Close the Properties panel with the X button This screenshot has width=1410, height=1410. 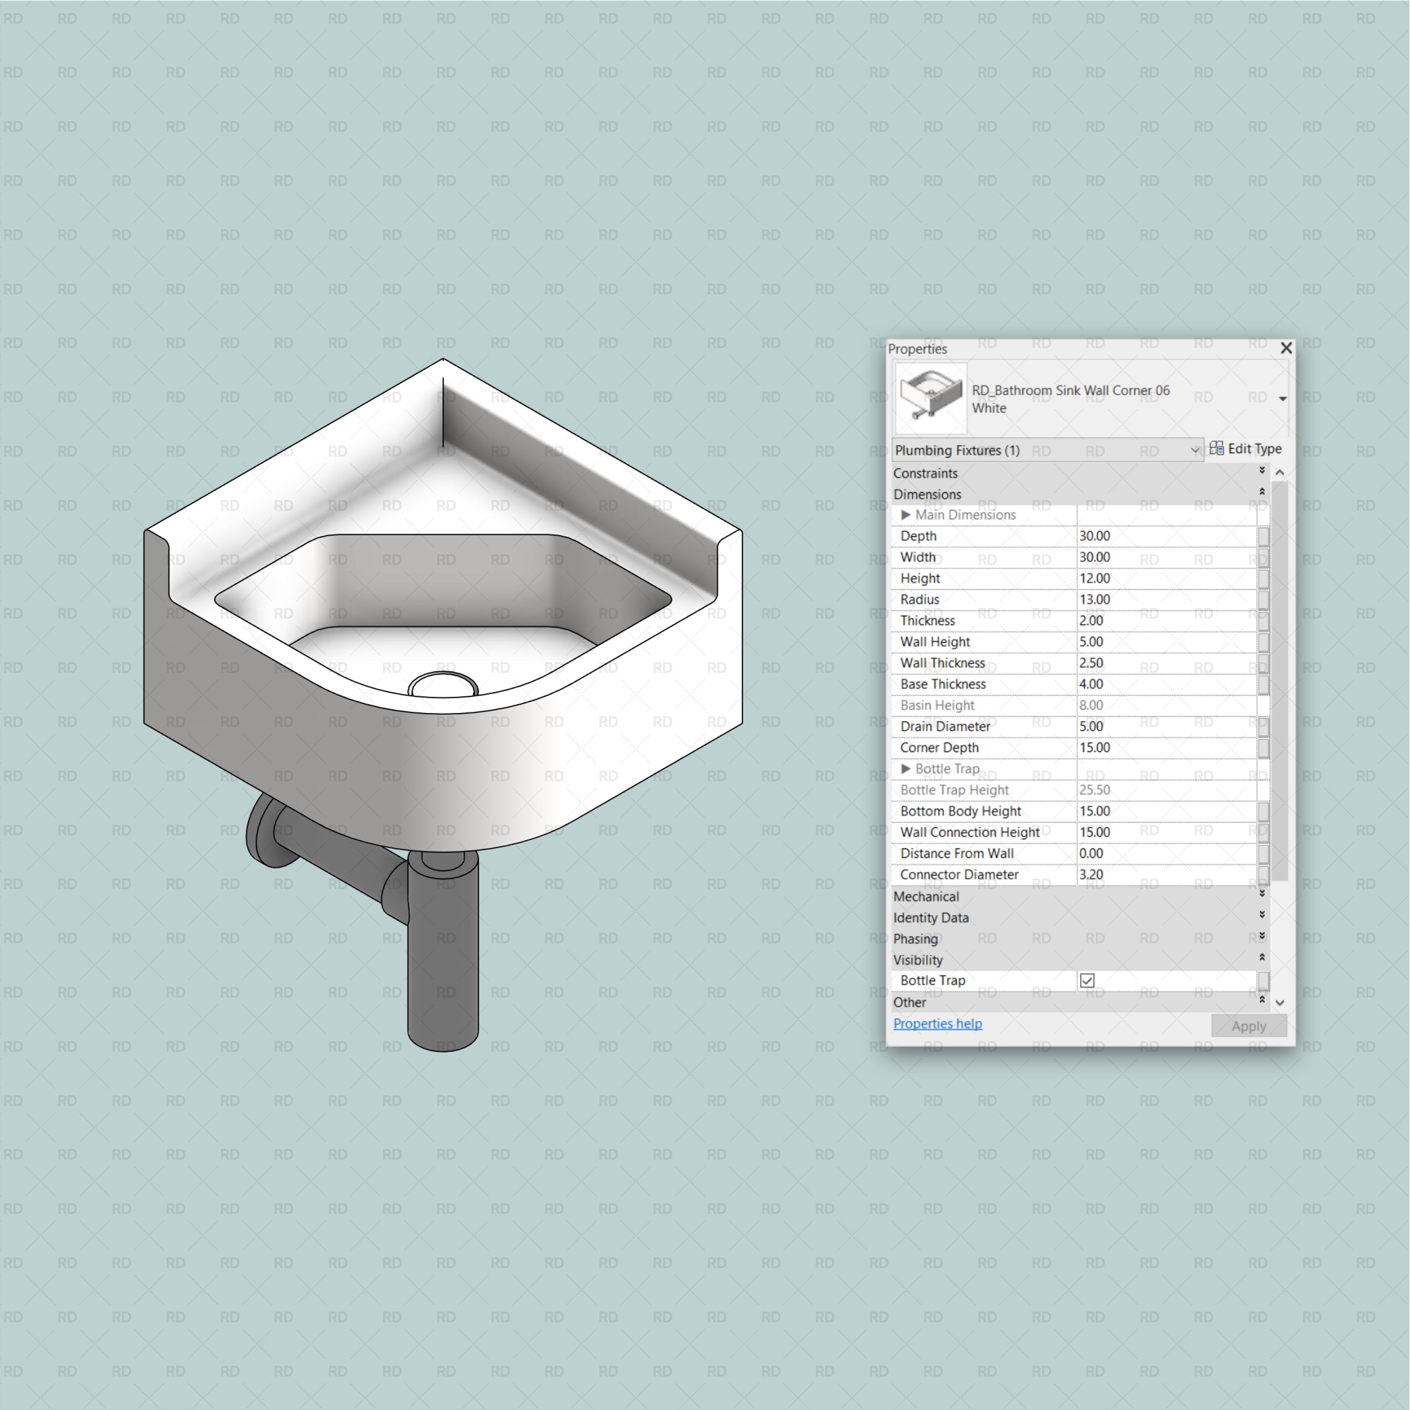coord(1286,348)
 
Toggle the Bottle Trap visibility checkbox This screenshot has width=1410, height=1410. coord(1087,980)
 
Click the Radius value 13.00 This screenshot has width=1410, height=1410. coord(1095,599)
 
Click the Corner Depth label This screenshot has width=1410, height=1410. coord(939,747)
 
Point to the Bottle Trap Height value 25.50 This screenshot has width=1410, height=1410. coord(1095,790)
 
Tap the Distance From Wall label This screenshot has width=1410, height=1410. coord(957,853)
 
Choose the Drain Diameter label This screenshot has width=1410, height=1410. coord(945,726)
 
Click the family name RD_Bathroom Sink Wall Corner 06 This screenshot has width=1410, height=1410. coord(1070,390)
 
